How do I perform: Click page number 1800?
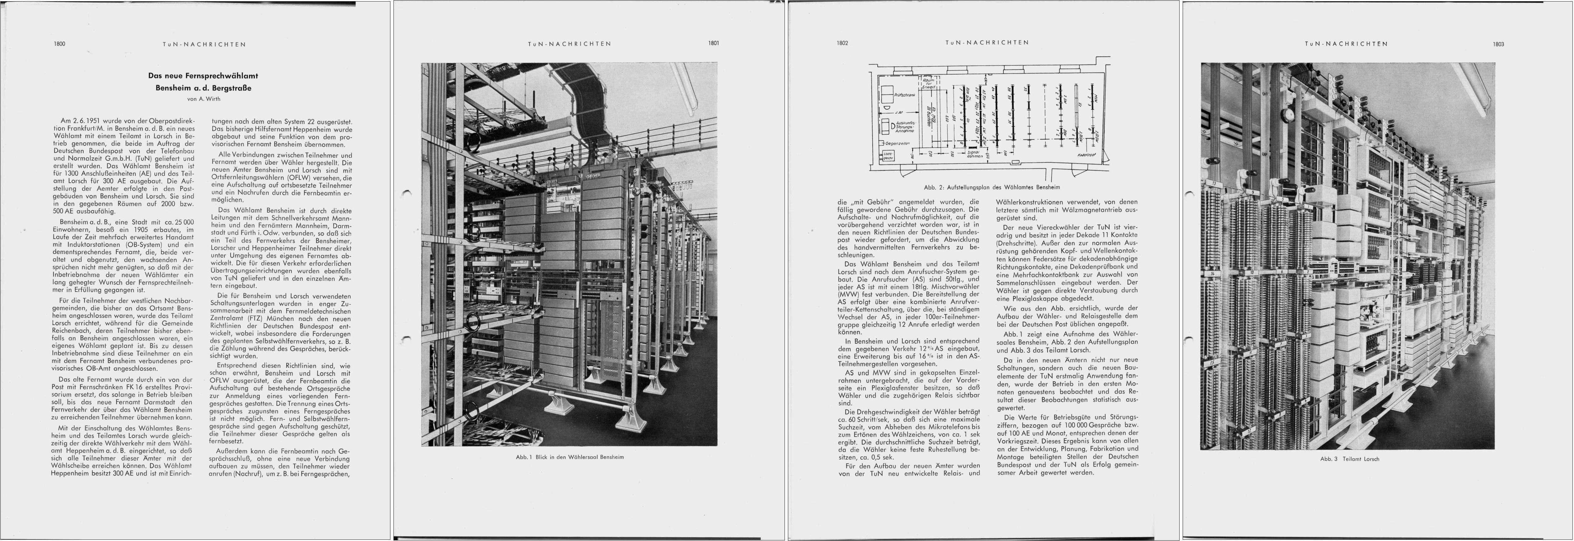59,44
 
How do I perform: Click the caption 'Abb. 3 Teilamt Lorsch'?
1349,459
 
